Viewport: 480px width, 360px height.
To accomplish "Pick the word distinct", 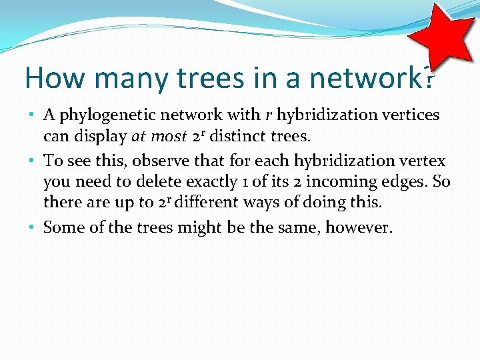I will pyautogui.click(x=238, y=137).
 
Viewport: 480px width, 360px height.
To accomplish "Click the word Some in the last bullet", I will pyautogui.click(x=64, y=227).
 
